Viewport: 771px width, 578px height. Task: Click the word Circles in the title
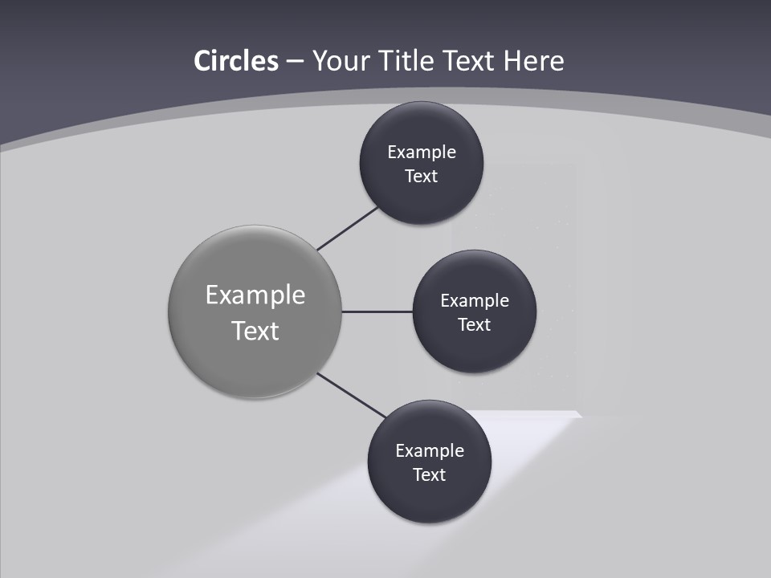click(235, 61)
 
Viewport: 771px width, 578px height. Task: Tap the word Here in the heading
click(533, 61)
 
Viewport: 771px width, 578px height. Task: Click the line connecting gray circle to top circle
click(349, 228)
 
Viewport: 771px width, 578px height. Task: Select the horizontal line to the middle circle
click(377, 311)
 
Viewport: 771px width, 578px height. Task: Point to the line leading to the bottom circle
click(352, 395)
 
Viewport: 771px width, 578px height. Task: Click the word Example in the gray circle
click(255, 295)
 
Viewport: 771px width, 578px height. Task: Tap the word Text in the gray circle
click(255, 330)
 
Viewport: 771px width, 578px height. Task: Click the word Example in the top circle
click(422, 152)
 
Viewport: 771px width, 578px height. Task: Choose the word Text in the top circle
click(421, 176)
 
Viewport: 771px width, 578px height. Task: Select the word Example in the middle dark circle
click(475, 300)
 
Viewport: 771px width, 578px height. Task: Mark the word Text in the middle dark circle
click(474, 324)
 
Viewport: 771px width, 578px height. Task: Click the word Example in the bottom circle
click(430, 450)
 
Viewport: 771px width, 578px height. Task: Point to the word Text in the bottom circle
click(429, 474)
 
